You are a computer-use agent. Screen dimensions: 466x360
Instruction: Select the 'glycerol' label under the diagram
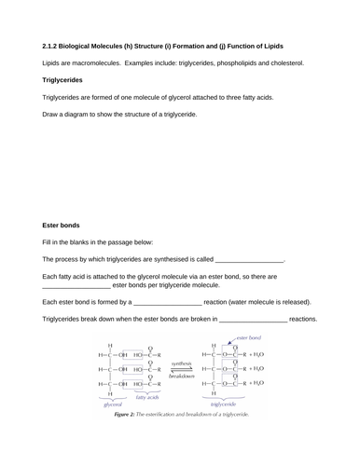(x=113, y=405)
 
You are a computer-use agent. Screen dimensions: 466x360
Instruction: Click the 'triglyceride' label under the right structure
(x=228, y=405)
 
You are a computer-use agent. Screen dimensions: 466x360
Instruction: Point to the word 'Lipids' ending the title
(x=284, y=46)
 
